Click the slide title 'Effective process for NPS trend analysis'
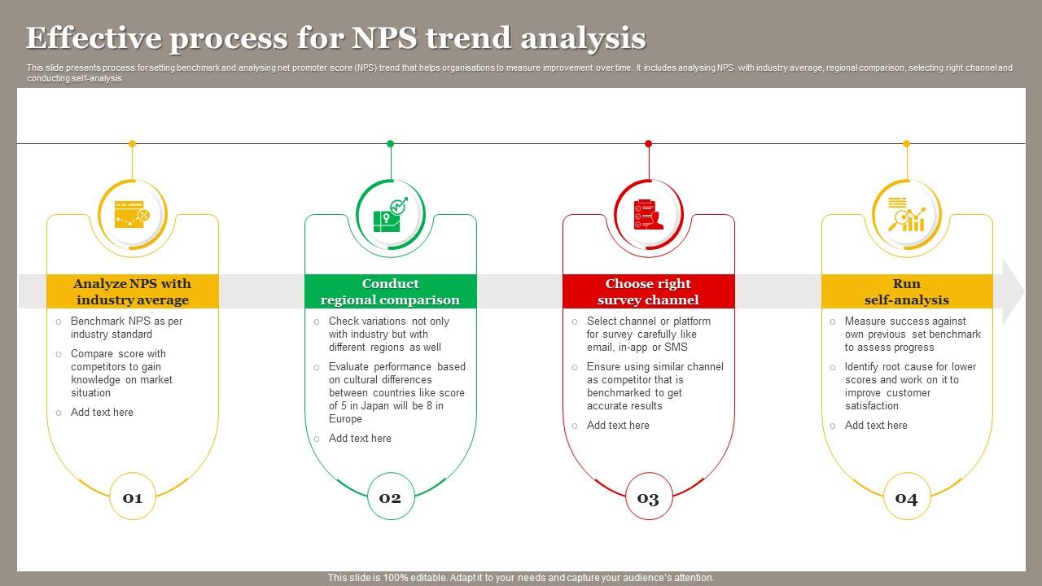[x=335, y=38]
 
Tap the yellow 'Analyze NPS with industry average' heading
[x=133, y=291]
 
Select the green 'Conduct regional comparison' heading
[x=390, y=291]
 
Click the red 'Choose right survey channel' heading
[x=648, y=291]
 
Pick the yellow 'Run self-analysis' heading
[x=906, y=291]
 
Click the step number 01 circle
[x=133, y=497]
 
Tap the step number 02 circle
[x=391, y=497]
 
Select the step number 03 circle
[x=648, y=497]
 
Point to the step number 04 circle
[x=906, y=497]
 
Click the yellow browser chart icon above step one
[x=132, y=215]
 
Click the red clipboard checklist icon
[x=648, y=215]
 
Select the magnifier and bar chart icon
[x=906, y=215]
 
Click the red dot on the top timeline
[x=648, y=144]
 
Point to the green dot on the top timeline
[x=390, y=144]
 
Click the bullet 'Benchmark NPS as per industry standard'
[x=126, y=327]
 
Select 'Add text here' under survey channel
[x=618, y=425]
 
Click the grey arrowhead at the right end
[x=1013, y=291]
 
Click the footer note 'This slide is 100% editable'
[x=521, y=578]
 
